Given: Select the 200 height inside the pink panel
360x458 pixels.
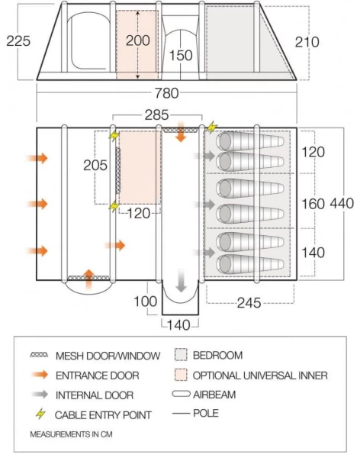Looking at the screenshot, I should point(137,40).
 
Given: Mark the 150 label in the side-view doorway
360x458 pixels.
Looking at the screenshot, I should point(181,55).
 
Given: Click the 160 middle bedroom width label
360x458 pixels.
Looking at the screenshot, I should point(313,204).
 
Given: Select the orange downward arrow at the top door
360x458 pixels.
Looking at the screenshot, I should point(181,131).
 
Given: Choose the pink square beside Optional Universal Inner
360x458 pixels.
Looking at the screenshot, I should point(180,375).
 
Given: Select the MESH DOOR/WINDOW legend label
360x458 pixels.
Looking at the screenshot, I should point(108,356).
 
